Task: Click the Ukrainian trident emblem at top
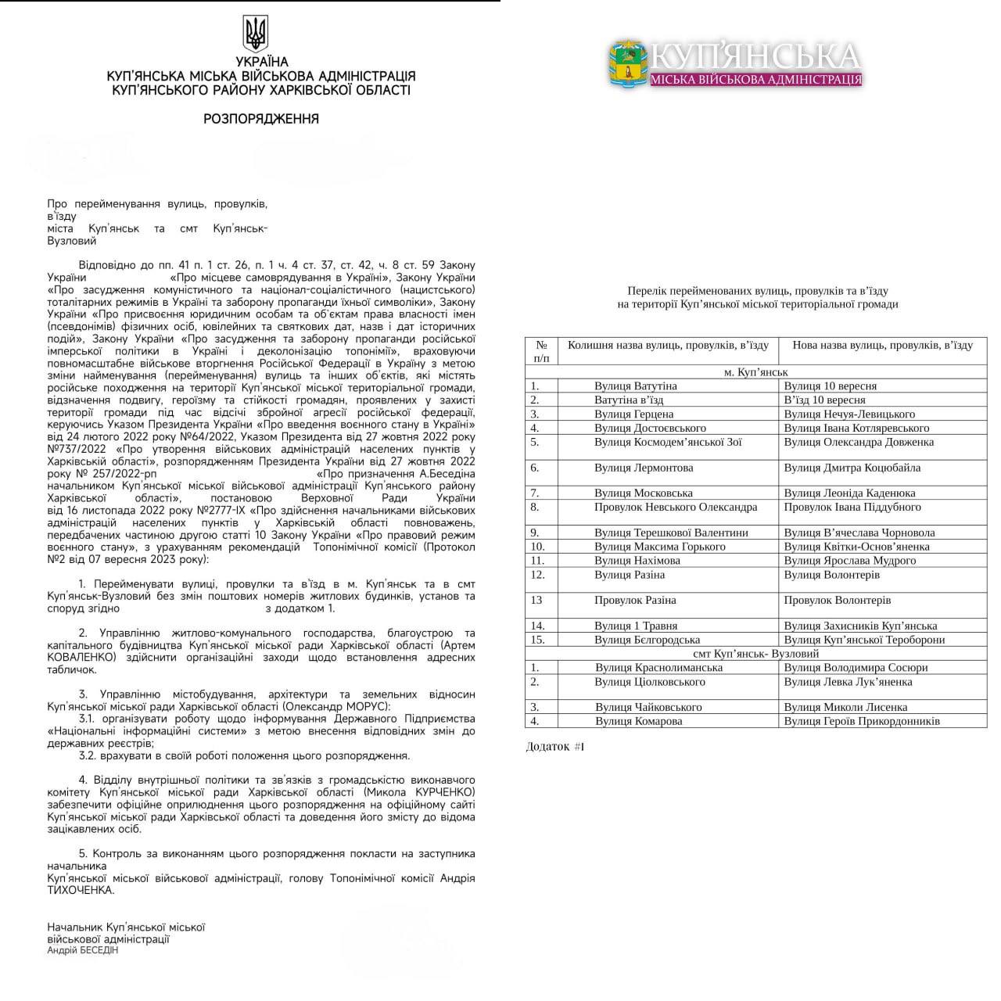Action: [x=256, y=33]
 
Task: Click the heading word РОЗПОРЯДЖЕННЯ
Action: [x=260, y=119]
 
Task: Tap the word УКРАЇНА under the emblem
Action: [x=261, y=62]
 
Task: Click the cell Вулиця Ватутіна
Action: [x=635, y=386]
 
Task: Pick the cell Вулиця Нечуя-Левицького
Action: [x=849, y=414]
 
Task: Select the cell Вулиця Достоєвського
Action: [x=649, y=429]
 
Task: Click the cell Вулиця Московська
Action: [x=643, y=493]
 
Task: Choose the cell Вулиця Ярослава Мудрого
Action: [x=849, y=560]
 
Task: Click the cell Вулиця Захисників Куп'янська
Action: [x=860, y=626]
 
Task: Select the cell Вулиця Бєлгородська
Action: [x=647, y=640]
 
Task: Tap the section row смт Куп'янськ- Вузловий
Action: [x=755, y=654]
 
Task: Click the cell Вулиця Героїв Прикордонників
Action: [x=862, y=721]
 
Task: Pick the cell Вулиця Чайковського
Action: [x=648, y=707]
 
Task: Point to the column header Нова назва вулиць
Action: [x=882, y=345]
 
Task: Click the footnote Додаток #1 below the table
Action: [x=554, y=747]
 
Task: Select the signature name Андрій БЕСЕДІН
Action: [x=83, y=950]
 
